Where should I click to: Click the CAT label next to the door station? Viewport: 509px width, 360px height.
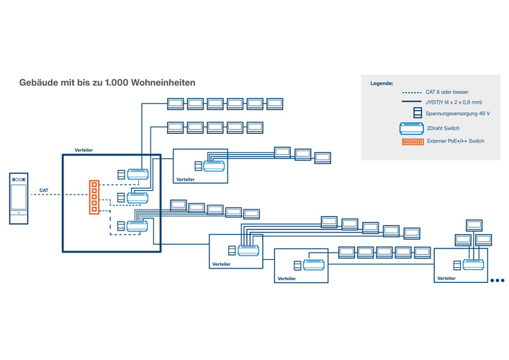point(44,191)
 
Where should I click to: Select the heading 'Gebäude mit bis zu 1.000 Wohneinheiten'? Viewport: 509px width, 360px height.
point(107,83)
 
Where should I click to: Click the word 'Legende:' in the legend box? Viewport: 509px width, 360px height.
point(382,84)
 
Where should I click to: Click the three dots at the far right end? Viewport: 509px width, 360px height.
point(497,281)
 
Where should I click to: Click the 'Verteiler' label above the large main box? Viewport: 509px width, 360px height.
point(84,150)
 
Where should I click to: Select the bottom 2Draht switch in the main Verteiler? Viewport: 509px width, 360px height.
point(137,226)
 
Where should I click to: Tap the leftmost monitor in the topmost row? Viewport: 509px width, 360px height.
point(176,104)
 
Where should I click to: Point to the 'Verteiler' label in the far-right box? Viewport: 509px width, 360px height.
point(446,278)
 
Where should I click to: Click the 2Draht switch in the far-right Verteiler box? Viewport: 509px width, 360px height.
point(473,264)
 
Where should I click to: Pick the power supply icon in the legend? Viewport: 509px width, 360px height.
point(416,114)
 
